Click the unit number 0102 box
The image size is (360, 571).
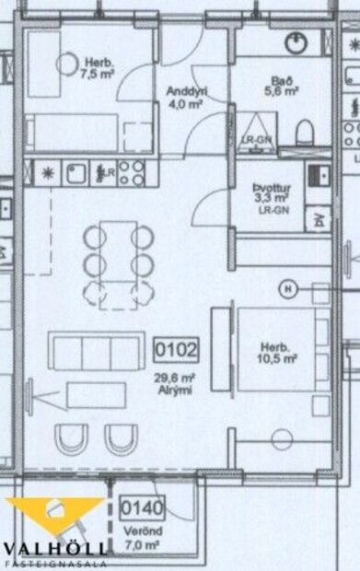(x=175, y=350)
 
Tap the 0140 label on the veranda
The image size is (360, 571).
(x=134, y=507)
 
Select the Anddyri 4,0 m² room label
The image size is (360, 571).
(x=185, y=98)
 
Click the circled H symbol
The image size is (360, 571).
(x=288, y=288)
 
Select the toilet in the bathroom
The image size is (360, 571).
(x=304, y=134)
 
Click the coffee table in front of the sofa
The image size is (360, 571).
(x=101, y=395)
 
